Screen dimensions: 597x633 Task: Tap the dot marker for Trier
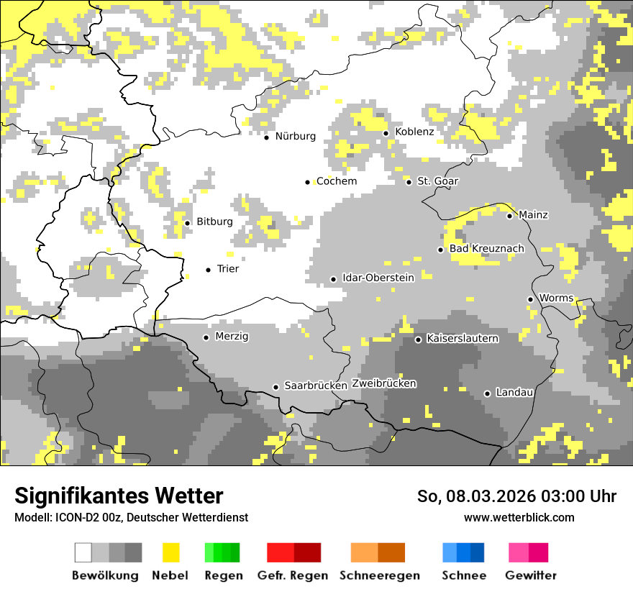pyautogui.click(x=209, y=270)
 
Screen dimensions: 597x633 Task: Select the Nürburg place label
pyautogui.click(x=295, y=136)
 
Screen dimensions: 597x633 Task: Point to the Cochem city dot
pyautogui.click(x=308, y=182)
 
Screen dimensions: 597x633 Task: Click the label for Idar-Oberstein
pyautogui.click(x=378, y=278)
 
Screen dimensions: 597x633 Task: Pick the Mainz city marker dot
pyautogui.click(x=509, y=216)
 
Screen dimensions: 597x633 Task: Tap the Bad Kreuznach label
pyautogui.click(x=487, y=249)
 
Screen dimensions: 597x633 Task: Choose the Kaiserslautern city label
pyautogui.click(x=463, y=338)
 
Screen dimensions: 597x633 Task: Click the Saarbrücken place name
pyautogui.click(x=316, y=386)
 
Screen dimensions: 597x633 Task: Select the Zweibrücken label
pyautogui.click(x=384, y=383)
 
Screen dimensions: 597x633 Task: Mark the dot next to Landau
pyautogui.click(x=487, y=393)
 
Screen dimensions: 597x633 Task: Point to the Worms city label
pyautogui.click(x=556, y=298)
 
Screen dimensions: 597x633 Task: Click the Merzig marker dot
pyautogui.click(x=206, y=337)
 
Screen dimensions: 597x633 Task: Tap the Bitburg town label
pyautogui.click(x=214, y=222)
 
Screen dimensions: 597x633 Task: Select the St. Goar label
pyautogui.click(x=438, y=181)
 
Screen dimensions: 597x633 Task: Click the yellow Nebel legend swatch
pyautogui.click(x=170, y=552)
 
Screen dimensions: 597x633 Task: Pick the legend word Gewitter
pyautogui.click(x=531, y=575)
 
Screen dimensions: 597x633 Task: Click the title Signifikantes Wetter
pyautogui.click(x=119, y=496)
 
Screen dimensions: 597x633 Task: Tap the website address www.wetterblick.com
pyautogui.click(x=519, y=517)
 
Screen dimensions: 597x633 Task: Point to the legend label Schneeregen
pyautogui.click(x=380, y=575)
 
